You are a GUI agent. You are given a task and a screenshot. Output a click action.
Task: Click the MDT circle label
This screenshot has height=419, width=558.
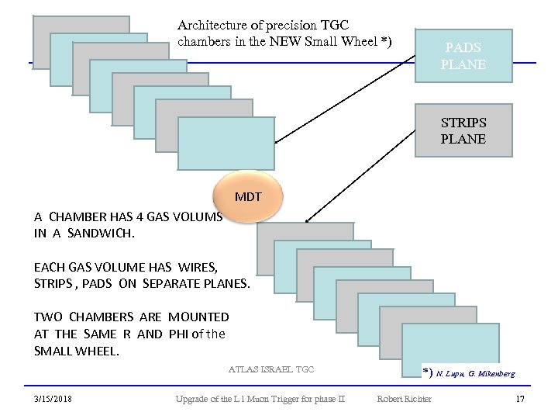point(248,196)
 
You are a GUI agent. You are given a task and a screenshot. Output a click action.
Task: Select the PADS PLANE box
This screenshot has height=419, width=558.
point(463,56)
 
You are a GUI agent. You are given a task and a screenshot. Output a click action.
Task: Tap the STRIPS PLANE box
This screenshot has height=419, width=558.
point(463,131)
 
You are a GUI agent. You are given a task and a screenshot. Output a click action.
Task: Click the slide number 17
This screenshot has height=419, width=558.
point(520,399)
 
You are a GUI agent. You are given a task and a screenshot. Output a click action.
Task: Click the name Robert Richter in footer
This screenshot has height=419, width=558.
point(404,399)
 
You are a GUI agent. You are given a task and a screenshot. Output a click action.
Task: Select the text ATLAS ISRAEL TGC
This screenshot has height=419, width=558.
point(271,369)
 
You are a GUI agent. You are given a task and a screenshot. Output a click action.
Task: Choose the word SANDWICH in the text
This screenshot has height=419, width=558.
point(101,232)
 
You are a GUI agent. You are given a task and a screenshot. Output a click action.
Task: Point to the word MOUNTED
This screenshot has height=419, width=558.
point(198,317)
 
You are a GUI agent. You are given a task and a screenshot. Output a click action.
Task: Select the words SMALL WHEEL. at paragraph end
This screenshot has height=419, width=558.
point(76,351)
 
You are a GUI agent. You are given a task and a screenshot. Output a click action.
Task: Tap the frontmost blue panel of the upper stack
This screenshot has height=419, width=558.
point(226,144)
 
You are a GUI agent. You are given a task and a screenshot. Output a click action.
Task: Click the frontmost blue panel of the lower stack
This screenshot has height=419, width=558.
point(450,349)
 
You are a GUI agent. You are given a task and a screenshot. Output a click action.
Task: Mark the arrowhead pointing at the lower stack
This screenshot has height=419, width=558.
point(306,222)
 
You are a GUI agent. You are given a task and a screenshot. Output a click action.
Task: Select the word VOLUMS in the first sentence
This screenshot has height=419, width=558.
point(199,216)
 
